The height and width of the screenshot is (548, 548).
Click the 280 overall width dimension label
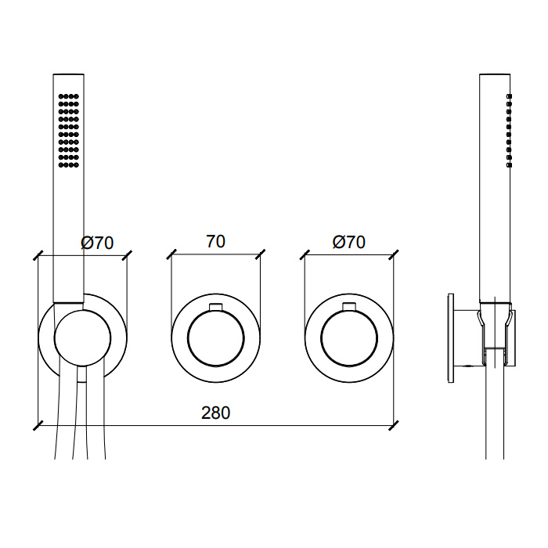[215, 413]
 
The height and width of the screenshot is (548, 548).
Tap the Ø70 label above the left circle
[97, 243]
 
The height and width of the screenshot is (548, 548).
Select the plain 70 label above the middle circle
[215, 241]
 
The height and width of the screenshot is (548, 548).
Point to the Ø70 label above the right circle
[349, 242]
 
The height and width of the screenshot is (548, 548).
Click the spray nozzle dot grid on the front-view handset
[69, 131]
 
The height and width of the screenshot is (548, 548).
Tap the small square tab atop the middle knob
[215, 306]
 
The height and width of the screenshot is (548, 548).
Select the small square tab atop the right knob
[349, 306]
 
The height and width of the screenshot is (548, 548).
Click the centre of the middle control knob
[215, 338]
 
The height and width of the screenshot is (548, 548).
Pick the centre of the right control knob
[349, 338]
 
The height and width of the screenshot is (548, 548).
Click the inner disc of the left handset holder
[83, 338]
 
